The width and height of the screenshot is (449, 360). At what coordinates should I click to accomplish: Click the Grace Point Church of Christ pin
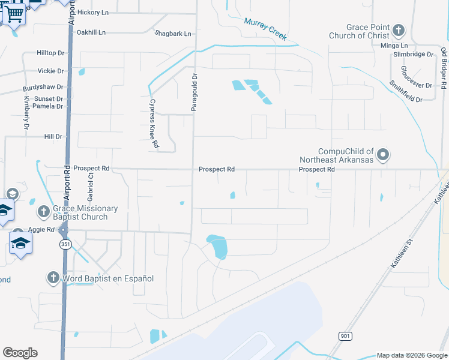[x=398, y=30]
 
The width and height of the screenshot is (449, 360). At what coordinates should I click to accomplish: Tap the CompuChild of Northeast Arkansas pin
[x=384, y=155]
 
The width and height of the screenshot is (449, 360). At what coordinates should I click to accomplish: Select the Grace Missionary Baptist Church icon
[x=43, y=211]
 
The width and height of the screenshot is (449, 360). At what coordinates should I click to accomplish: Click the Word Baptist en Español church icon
[x=53, y=278]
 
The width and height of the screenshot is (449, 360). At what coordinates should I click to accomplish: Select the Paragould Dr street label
[x=194, y=92]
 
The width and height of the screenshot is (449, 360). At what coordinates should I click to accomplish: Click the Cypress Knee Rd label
[x=154, y=124]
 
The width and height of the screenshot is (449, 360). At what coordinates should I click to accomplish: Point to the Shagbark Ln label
[x=173, y=34]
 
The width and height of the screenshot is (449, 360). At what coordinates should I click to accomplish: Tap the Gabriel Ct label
[x=91, y=187]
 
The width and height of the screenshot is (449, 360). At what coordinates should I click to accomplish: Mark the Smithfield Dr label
[x=406, y=91]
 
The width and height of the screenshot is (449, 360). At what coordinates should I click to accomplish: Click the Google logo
[x=20, y=353]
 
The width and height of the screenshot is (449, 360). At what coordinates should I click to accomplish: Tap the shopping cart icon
[x=14, y=13]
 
